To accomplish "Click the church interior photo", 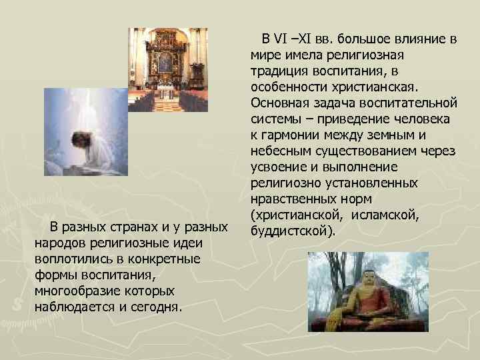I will (167, 69).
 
